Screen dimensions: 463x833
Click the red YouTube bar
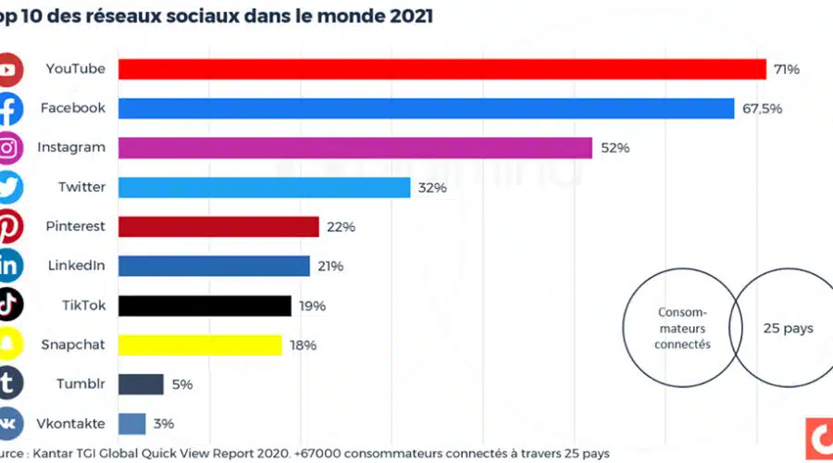point(442,69)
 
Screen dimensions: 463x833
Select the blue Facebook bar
point(427,108)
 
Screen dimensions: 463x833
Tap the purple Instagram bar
point(355,148)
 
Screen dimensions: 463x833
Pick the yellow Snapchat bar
point(200,345)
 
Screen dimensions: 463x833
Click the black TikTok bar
point(205,306)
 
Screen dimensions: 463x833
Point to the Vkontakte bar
point(132,424)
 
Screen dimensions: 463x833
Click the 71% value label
point(787,69)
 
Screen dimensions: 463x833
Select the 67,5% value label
point(762,108)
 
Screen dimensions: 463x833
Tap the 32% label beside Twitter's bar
point(432,187)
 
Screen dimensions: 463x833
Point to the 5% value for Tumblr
point(181,384)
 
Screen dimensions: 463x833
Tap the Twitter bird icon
point(8,187)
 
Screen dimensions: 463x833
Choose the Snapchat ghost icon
point(8,345)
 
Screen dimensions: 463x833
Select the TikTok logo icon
point(8,306)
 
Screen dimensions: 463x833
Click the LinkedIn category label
point(76,266)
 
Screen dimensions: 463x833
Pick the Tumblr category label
point(79,384)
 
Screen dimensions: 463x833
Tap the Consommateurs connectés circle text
point(683,329)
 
